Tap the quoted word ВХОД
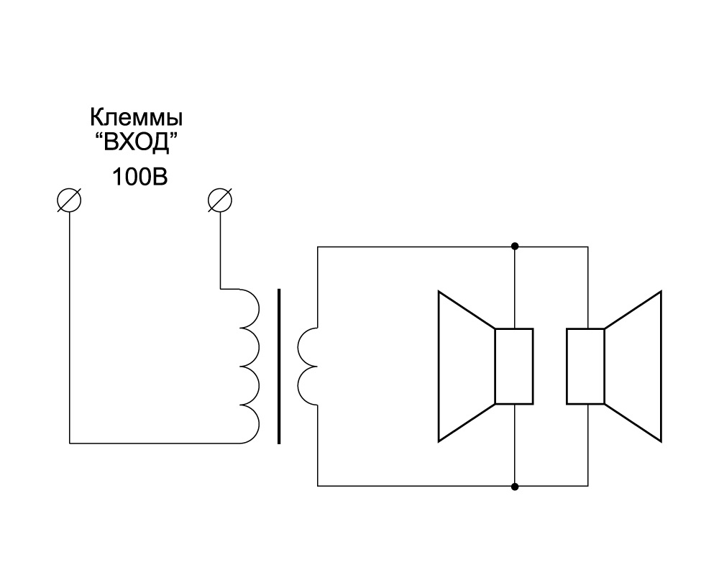136,144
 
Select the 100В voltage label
139,177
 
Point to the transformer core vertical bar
279,367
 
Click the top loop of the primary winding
248,308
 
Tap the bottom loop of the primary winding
248,425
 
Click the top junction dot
514,247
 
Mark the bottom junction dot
514,487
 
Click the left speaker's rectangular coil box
513,367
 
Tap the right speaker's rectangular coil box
586,367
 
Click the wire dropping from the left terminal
69,323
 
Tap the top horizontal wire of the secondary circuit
417,247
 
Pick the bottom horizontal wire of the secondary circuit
417,487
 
